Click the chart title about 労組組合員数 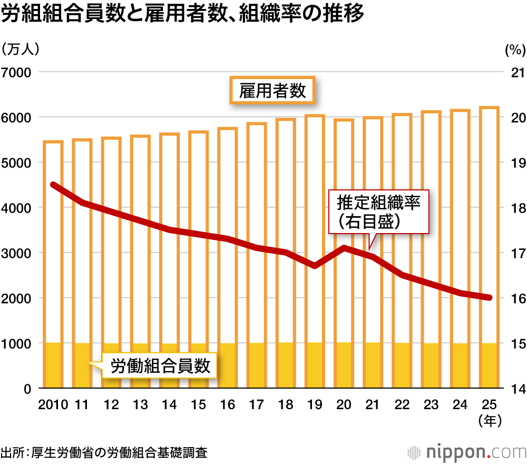click(x=182, y=15)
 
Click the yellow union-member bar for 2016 click(x=227, y=365)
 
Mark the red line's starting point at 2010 click(x=53, y=185)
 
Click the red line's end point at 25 click(x=489, y=298)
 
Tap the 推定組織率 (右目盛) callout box click(x=379, y=210)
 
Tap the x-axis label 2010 click(x=53, y=405)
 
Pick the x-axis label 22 click(x=402, y=405)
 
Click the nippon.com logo click(x=467, y=452)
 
